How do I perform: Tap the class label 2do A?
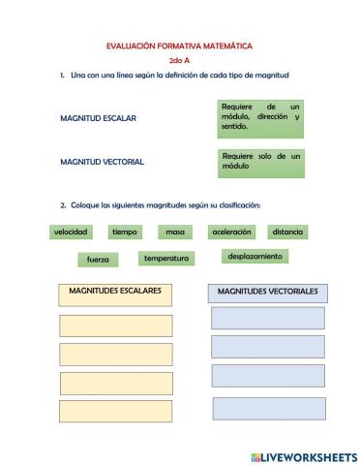(179, 60)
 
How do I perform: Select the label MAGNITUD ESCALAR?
(98, 118)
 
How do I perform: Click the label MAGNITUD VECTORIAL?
(102, 162)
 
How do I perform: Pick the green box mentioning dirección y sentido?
(260, 116)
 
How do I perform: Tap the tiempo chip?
(124, 232)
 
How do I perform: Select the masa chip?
(174, 232)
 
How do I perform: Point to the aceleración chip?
(231, 232)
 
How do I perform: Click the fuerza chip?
(98, 260)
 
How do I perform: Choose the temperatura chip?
(165, 259)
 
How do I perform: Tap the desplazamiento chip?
(255, 257)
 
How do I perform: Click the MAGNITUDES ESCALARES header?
(115, 292)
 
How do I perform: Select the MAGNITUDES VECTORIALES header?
(267, 292)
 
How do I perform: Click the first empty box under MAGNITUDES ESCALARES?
(115, 325)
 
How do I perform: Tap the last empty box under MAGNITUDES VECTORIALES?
(268, 408)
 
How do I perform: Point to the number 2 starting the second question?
(62, 205)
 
